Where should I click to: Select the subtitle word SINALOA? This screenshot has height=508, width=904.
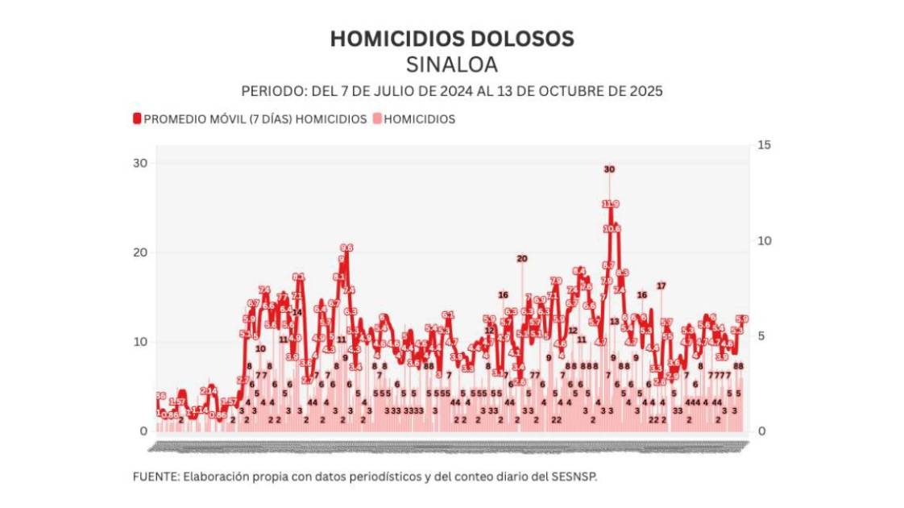pyautogui.click(x=452, y=64)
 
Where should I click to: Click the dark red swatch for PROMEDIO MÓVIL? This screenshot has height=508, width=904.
pyautogui.click(x=137, y=119)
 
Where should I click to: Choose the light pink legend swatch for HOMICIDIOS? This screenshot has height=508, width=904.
pyautogui.click(x=377, y=119)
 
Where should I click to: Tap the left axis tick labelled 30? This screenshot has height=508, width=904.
pyautogui.click(x=140, y=163)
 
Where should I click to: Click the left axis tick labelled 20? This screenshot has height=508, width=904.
pyautogui.click(x=140, y=252)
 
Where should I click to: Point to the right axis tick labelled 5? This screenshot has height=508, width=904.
pyautogui.click(x=761, y=335)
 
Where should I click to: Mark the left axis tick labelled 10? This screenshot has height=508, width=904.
pyautogui.click(x=140, y=342)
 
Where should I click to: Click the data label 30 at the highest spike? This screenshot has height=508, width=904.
pyautogui.click(x=609, y=169)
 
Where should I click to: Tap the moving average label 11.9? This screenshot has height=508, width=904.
pyautogui.click(x=611, y=204)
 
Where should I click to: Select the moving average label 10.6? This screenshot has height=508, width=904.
pyautogui.click(x=612, y=229)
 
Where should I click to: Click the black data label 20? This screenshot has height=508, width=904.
pyautogui.click(x=522, y=259)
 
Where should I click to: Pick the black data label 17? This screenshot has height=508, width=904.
pyautogui.click(x=661, y=286)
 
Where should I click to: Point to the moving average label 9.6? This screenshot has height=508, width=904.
pyautogui.click(x=346, y=248)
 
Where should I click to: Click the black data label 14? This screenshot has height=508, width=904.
pyautogui.click(x=296, y=312)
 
